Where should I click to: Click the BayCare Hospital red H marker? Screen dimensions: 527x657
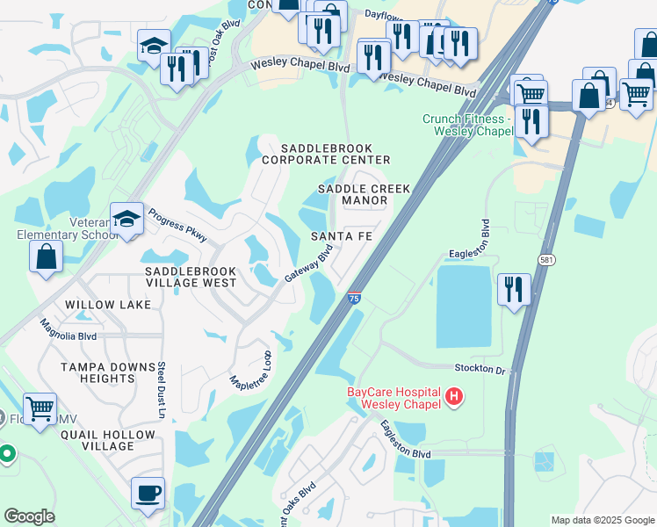click(x=454, y=397)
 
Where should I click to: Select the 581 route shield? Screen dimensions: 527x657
click(x=546, y=261)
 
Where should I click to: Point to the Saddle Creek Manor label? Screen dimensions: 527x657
click(x=352, y=195)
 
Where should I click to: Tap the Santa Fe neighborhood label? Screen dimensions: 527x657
click(x=342, y=237)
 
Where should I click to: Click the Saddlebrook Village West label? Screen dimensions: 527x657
click(x=191, y=278)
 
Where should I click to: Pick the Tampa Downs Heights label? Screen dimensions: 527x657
click(x=97, y=372)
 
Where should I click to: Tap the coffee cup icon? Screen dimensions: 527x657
click(x=148, y=492)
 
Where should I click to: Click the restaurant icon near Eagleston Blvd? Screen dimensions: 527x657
click(x=514, y=288)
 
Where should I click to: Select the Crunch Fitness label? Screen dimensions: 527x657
click(x=466, y=125)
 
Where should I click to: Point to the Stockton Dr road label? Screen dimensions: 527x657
click(x=480, y=369)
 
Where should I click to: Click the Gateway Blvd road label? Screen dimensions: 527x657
click(x=308, y=264)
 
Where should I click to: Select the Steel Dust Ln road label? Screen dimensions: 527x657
click(x=161, y=390)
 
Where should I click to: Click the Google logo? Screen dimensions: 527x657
click(x=29, y=516)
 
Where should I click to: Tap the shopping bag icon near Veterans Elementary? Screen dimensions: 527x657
click(x=46, y=256)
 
